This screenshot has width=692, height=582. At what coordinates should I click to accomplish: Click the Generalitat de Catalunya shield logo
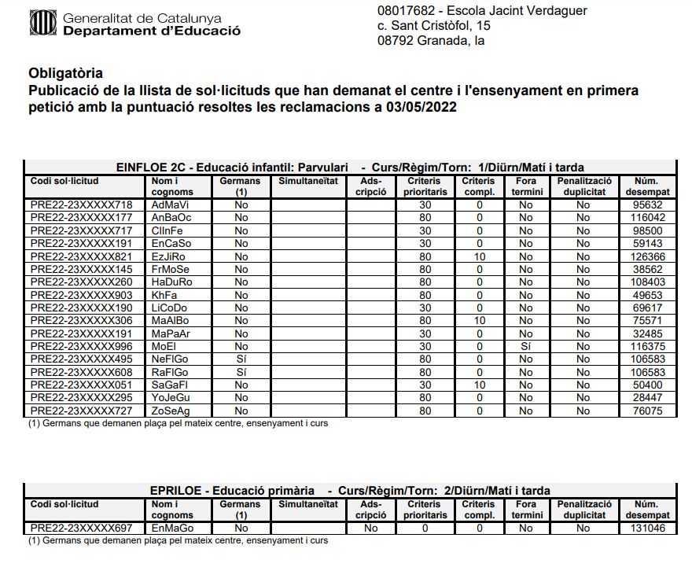[x=41, y=24]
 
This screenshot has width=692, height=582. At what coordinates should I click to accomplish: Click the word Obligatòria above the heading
[x=65, y=74]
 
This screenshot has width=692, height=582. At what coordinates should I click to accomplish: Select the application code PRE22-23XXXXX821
[x=81, y=256]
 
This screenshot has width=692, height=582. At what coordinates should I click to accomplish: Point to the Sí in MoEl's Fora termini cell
[x=526, y=346]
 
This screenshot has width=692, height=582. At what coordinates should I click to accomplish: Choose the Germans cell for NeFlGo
[x=241, y=359]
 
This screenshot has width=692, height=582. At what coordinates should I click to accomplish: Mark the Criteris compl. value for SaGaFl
[x=478, y=385]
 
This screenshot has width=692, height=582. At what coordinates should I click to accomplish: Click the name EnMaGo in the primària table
[x=171, y=529]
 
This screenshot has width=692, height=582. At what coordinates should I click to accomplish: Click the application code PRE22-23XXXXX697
[x=81, y=529]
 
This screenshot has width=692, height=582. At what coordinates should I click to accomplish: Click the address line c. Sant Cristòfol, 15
[x=434, y=26]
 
